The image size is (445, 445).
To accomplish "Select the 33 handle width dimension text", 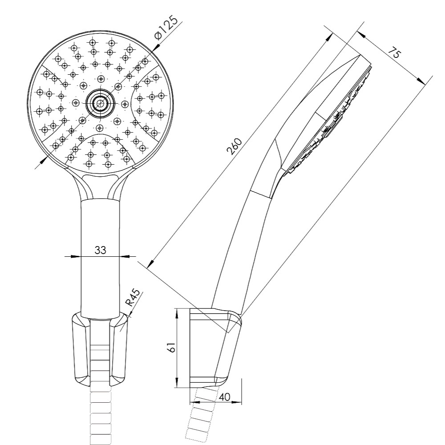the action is click(x=100, y=250).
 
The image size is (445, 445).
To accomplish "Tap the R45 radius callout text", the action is click(x=133, y=298).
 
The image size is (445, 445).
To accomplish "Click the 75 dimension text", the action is click(x=395, y=53).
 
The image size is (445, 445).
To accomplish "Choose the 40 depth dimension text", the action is click(x=224, y=397).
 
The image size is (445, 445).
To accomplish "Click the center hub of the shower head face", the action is click(x=100, y=104).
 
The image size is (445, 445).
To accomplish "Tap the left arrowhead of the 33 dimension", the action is click(x=75, y=257).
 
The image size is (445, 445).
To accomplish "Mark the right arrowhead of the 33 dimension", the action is click(x=124, y=257).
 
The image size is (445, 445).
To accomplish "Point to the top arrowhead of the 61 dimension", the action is click(x=177, y=314).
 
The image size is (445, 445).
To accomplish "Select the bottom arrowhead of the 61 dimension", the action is click(x=177, y=382).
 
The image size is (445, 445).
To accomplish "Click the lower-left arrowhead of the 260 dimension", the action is click(x=150, y=264).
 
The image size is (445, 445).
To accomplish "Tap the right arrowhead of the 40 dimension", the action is click(x=236, y=402).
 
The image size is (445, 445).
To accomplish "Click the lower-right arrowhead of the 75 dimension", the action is click(x=422, y=81).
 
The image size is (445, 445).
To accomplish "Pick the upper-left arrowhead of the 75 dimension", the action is click(x=361, y=34).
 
